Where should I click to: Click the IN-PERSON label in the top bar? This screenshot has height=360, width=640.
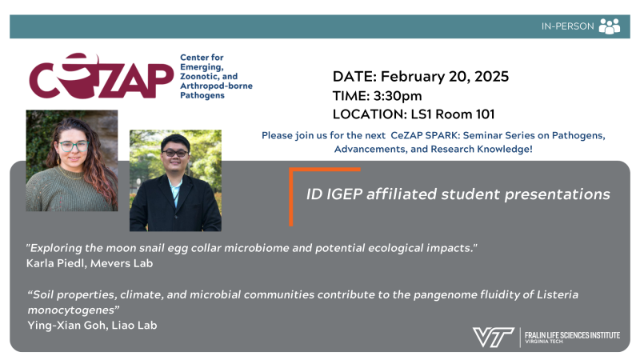tap(567, 26)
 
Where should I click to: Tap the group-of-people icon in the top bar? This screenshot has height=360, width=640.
tap(610, 26)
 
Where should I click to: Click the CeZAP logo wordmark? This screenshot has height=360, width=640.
tap(102, 76)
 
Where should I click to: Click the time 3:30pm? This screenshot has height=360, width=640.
tap(398, 96)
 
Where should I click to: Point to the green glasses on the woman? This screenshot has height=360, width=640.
tap(74, 146)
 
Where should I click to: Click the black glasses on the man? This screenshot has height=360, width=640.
tap(175, 154)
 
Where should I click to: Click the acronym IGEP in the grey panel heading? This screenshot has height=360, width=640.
tap(345, 194)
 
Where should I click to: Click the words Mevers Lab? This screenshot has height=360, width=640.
tap(122, 263)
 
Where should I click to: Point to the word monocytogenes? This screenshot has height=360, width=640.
tap(71, 310)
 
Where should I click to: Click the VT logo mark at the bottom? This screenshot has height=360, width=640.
tap(493, 337)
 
